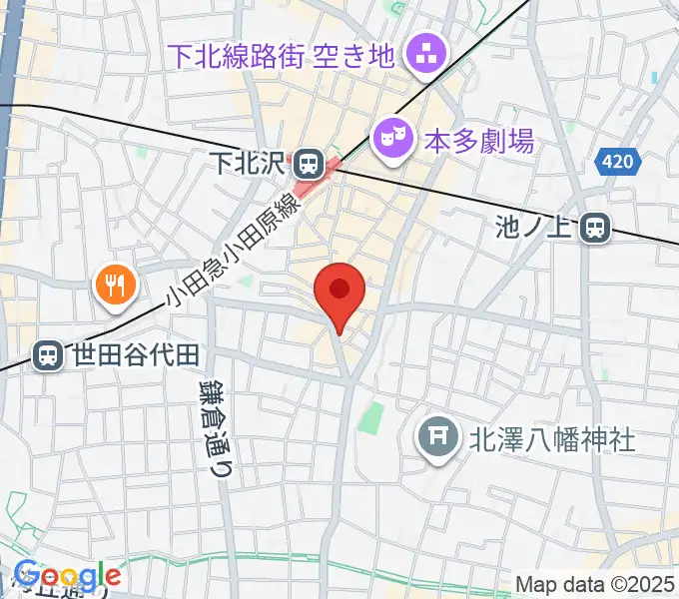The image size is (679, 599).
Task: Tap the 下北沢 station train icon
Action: click(x=308, y=161)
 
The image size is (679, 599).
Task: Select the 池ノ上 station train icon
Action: click(x=596, y=229)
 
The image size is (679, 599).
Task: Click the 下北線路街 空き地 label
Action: click(x=282, y=54)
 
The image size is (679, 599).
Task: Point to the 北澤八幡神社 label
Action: click(x=552, y=438)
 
